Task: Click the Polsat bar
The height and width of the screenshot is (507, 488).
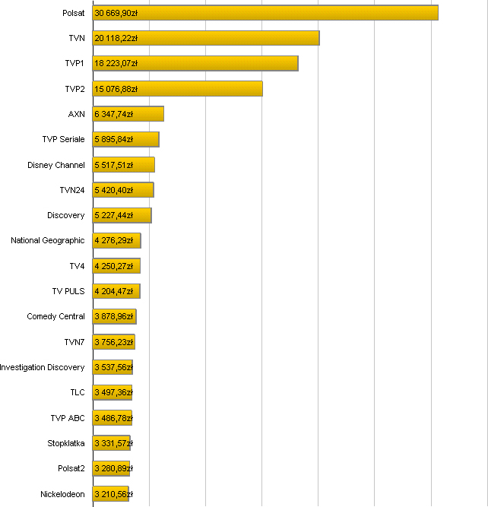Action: [265, 13]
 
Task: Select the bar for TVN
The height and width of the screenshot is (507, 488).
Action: [206, 38]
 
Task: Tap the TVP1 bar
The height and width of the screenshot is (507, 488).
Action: [195, 63]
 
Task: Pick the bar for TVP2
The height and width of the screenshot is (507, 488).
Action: [178, 89]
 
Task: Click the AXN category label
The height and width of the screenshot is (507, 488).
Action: [76, 114]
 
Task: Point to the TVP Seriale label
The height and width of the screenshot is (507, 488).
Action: [63, 139]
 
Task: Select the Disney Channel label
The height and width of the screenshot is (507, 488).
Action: [56, 165]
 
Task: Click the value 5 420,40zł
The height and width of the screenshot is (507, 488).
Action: [114, 190]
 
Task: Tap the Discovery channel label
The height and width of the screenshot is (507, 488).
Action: [65, 215]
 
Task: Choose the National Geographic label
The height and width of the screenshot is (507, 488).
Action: [48, 241]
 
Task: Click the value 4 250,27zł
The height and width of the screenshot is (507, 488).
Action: [114, 266]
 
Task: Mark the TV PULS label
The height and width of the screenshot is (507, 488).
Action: [68, 291]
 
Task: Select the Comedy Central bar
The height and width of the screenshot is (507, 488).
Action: [114, 316]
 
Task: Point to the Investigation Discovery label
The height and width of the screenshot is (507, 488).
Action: [43, 367]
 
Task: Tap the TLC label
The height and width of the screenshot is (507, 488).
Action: [78, 392]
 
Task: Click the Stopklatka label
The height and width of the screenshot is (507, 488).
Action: [66, 443]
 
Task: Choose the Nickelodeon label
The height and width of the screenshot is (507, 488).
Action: [62, 494]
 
